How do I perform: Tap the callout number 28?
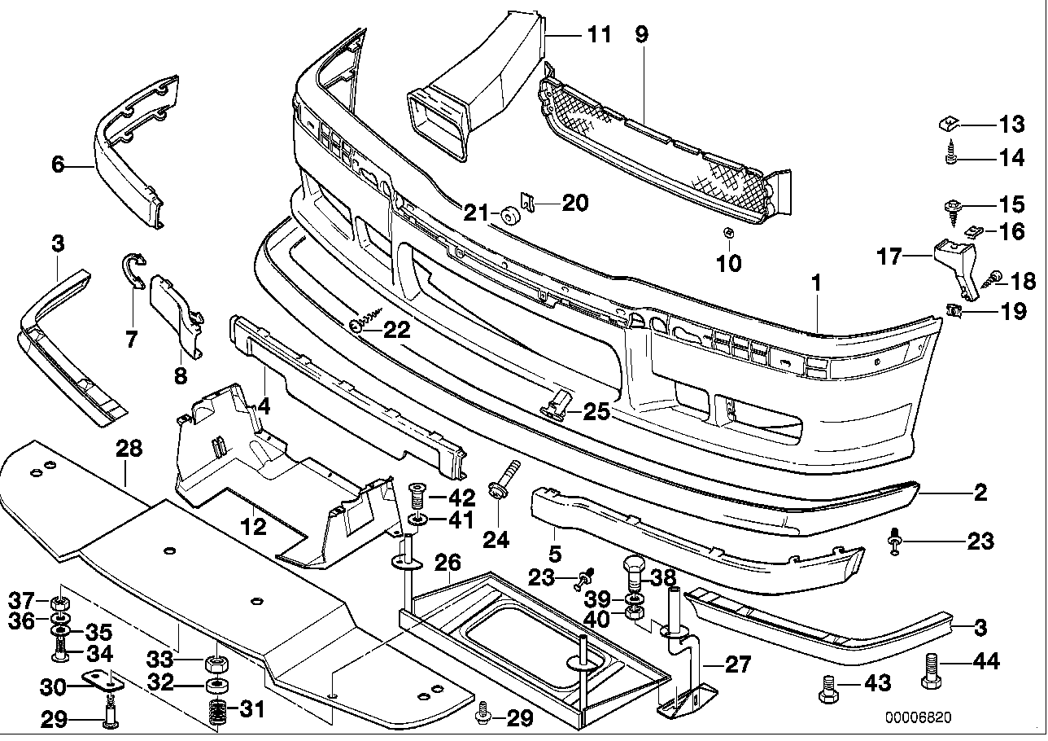[x=129, y=448]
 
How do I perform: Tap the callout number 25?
[x=596, y=413]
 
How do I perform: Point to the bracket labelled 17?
[x=952, y=265]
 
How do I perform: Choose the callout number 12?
[x=254, y=527]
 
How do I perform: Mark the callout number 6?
[x=57, y=165]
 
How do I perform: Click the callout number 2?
[x=980, y=492]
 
